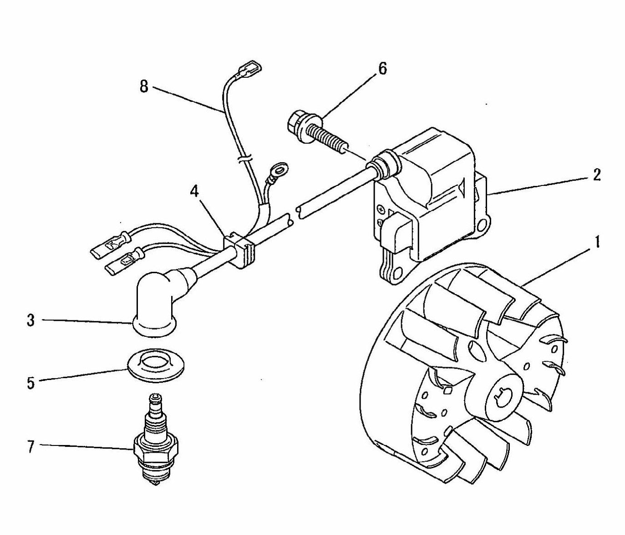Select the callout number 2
coord(596,175)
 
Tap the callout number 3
coord(30,320)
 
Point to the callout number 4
coord(194,192)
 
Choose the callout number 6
coord(381,69)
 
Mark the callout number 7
coord(30,447)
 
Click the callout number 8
coord(144,86)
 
